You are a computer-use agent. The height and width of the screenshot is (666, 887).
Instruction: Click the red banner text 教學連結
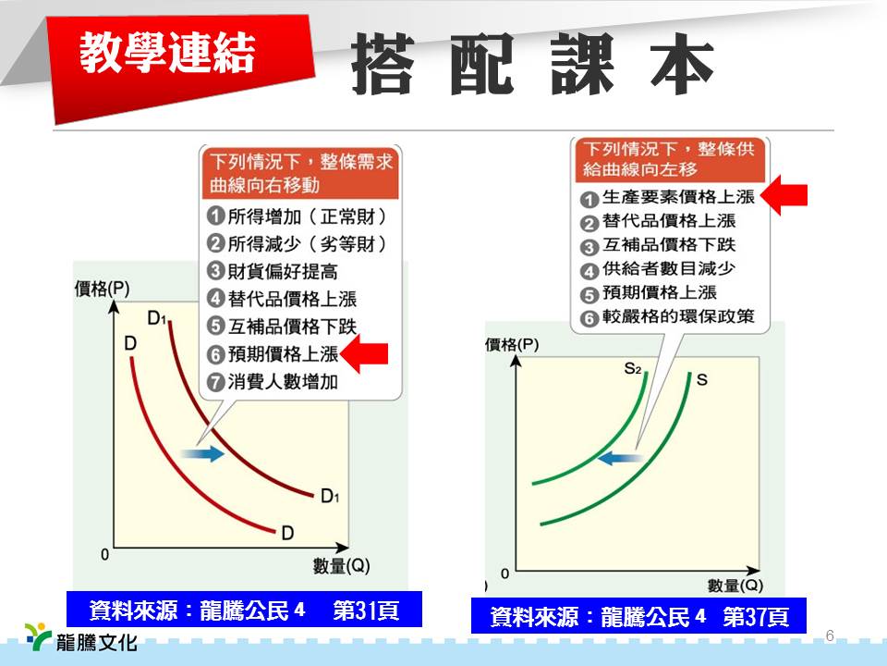(x=167, y=52)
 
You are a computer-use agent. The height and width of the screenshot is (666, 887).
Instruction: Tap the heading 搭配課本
(x=532, y=63)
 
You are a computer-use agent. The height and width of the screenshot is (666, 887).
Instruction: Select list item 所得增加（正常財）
(x=298, y=216)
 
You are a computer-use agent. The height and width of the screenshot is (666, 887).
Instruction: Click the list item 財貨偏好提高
(x=273, y=271)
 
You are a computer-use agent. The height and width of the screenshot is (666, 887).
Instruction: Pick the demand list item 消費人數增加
(x=273, y=382)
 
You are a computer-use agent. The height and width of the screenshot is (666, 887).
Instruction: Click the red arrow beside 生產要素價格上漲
(x=784, y=195)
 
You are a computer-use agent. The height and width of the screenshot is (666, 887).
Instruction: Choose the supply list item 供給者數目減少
(x=658, y=269)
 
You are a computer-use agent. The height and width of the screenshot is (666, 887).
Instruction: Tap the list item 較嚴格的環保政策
(x=667, y=316)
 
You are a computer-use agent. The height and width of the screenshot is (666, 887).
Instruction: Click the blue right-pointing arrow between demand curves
(x=202, y=453)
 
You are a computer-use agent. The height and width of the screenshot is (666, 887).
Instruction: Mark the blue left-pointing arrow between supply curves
(x=619, y=457)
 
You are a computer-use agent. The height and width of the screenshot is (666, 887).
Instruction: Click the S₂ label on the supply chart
(x=633, y=369)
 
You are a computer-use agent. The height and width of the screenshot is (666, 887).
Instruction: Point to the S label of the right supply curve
(x=702, y=379)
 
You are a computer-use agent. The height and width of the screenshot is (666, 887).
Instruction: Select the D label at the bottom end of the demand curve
(x=287, y=533)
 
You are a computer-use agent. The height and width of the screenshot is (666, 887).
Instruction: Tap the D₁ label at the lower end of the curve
(x=330, y=497)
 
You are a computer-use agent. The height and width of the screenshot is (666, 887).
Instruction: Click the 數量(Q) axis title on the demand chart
(x=341, y=565)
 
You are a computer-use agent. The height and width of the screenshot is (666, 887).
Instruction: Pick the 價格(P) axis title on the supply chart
(x=512, y=344)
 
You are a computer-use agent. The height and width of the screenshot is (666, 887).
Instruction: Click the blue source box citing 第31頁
(x=244, y=610)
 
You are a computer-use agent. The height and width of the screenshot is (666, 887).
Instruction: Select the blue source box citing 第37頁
(x=638, y=615)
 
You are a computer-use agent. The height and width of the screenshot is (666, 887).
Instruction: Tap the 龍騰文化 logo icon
(x=38, y=635)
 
